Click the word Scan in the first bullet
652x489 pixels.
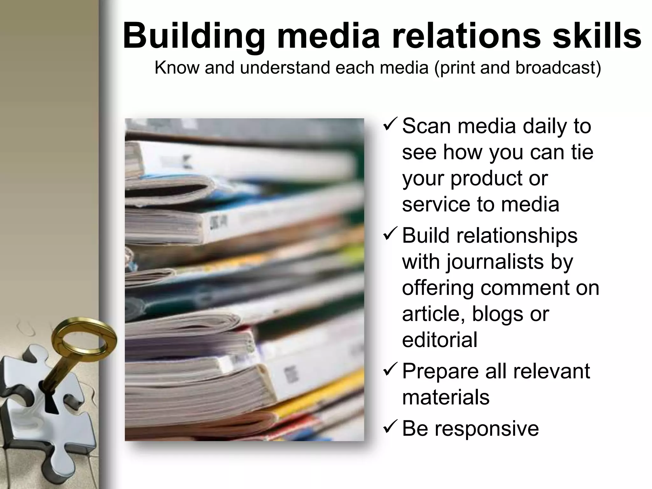[x=427, y=126]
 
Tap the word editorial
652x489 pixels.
[x=440, y=340]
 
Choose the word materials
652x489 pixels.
[x=446, y=397]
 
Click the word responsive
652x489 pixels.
[x=487, y=429]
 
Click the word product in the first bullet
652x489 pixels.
[x=487, y=179]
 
